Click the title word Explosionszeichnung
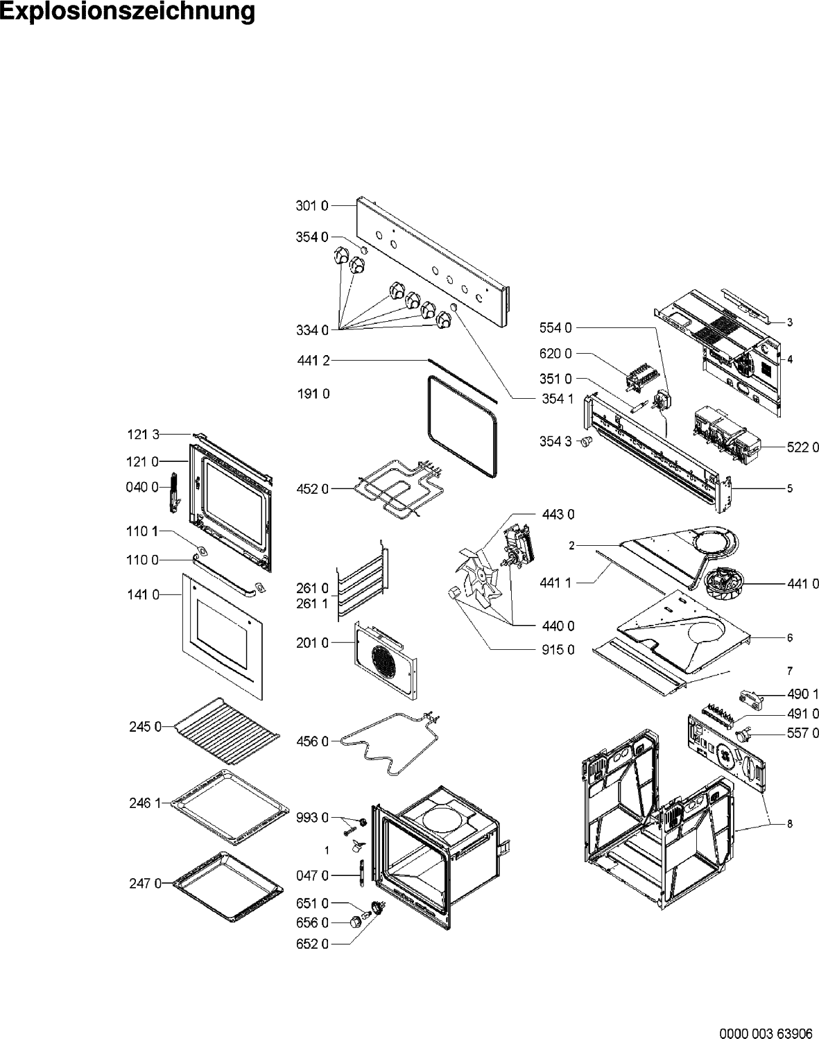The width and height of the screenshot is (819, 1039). (x=127, y=12)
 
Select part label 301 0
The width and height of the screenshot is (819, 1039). (x=312, y=206)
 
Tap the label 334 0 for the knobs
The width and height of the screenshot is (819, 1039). (x=312, y=330)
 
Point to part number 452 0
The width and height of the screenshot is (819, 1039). (x=313, y=489)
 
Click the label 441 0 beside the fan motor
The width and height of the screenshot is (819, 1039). (x=803, y=584)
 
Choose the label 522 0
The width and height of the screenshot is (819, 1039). (x=803, y=447)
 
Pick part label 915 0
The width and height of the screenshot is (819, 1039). (x=558, y=650)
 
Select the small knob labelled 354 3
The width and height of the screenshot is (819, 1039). (x=586, y=441)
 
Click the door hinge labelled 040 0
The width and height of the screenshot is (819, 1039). (x=173, y=492)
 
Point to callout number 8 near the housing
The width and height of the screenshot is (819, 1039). (x=790, y=824)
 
